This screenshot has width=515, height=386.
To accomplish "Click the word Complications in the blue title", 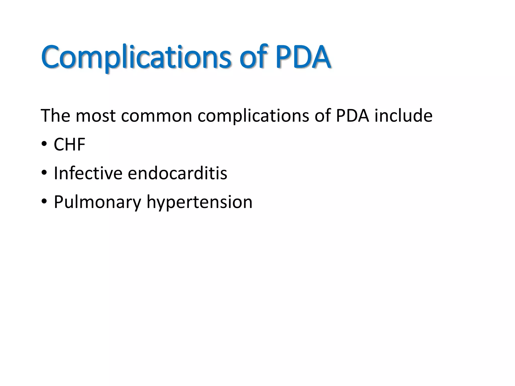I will (x=136, y=57).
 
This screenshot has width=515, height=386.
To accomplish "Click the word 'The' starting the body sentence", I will (x=55, y=116).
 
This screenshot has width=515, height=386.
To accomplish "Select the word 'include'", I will (x=403, y=116).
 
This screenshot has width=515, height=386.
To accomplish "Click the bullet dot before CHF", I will (x=44, y=144).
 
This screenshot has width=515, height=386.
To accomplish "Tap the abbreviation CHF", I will (x=70, y=144).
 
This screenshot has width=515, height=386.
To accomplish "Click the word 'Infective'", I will (x=88, y=173).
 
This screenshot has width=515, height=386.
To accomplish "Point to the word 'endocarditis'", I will (x=177, y=173).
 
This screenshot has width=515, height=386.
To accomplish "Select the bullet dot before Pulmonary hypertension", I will (x=44, y=202).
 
